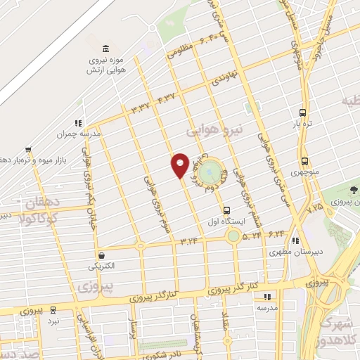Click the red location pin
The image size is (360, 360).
point(180,164)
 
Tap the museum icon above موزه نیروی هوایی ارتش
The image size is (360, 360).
point(105,48)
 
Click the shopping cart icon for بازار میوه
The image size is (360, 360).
point(27,150)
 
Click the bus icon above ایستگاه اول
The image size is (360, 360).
point(226,210)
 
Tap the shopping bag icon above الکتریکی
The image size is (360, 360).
point(103,255)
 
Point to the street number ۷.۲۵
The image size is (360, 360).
point(315,209)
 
